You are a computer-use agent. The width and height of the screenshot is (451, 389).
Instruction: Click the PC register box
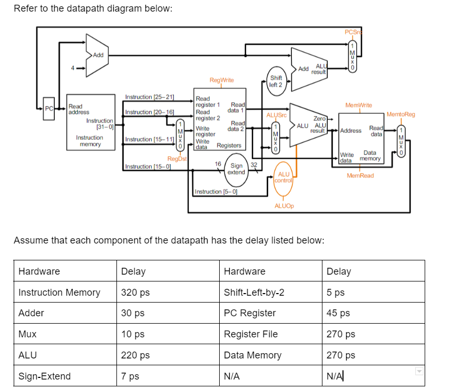click(x=48, y=109)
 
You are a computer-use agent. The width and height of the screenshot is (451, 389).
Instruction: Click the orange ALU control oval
click(x=284, y=177)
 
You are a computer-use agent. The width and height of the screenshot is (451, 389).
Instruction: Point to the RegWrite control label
click(x=221, y=80)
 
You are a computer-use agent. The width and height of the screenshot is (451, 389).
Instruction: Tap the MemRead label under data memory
click(x=360, y=176)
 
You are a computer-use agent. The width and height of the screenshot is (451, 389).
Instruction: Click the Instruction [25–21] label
click(x=149, y=98)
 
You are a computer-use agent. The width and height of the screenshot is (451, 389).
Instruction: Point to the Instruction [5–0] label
click(x=216, y=191)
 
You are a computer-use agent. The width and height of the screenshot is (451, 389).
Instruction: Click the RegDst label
click(x=177, y=159)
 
